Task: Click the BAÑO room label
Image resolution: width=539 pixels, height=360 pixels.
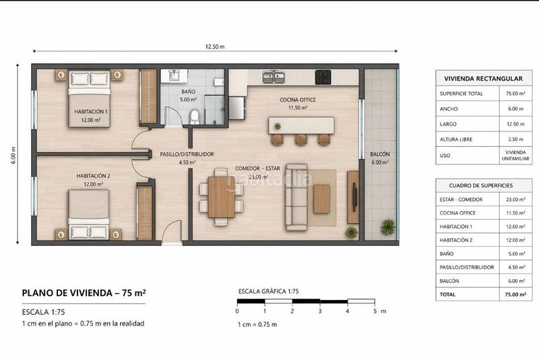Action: (189, 92)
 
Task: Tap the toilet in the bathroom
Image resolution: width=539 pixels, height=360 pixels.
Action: (195, 117)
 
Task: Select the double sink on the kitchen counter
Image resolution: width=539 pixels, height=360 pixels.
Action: (274, 77)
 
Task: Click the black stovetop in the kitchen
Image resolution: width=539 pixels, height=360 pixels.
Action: (323, 77)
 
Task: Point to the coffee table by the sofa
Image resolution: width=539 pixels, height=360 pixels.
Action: (321, 199)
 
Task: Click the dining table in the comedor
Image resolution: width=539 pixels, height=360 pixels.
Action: (222, 197)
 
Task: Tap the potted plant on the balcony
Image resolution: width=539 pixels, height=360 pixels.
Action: (388, 227)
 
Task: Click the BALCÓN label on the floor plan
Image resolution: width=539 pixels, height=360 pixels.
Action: (380, 154)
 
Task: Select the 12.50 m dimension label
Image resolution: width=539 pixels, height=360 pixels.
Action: (215, 47)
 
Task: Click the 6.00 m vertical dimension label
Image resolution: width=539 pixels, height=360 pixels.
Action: (13, 155)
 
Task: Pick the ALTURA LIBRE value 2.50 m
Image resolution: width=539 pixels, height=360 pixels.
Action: (515, 140)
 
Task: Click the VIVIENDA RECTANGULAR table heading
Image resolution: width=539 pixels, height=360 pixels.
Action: (483, 79)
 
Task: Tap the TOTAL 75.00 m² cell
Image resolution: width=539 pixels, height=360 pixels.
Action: (515, 295)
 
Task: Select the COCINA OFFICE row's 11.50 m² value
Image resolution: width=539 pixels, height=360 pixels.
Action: (515, 213)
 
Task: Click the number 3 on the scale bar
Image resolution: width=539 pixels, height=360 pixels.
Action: (319, 311)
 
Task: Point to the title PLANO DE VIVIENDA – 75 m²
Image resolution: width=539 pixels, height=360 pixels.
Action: (84, 293)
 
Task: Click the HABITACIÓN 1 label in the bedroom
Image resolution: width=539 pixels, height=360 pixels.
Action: (91, 111)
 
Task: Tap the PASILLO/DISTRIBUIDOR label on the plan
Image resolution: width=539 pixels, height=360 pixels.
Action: (187, 154)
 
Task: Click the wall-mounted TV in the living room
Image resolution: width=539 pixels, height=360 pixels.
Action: (355, 197)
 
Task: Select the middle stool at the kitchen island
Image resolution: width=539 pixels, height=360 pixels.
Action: (300, 139)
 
